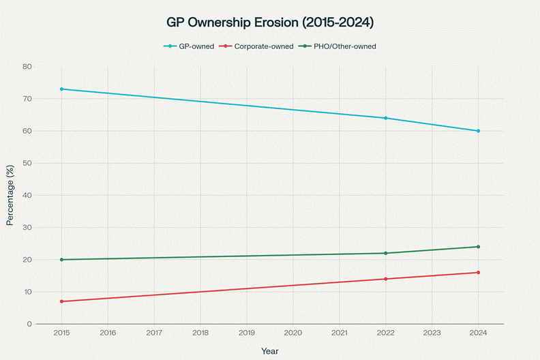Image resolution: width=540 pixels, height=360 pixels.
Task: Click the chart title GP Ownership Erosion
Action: point(270,22)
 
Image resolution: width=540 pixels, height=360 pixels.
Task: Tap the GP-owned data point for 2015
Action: point(61,89)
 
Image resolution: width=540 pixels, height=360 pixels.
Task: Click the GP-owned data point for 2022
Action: point(386,118)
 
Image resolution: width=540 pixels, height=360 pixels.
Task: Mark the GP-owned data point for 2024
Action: point(478,131)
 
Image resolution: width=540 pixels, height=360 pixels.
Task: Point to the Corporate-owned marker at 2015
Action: point(61,301)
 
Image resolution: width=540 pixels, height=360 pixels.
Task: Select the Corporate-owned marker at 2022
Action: point(386,279)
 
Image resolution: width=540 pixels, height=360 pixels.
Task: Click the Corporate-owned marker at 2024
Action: point(478,273)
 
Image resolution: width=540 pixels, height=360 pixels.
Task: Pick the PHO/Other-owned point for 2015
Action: point(61,260)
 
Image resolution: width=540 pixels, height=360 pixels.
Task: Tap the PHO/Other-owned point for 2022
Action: point(386,253)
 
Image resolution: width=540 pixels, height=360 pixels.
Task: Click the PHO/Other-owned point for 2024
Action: point(478,247)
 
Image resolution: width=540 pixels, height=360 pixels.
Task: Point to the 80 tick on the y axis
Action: point(28,67)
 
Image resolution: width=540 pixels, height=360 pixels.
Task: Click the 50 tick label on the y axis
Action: point(28,163)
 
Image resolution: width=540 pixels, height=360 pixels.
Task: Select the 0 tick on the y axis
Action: point(30,324)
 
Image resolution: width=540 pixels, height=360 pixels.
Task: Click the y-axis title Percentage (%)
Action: point(10,196)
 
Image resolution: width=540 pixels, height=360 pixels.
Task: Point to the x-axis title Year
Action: point(270,350)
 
